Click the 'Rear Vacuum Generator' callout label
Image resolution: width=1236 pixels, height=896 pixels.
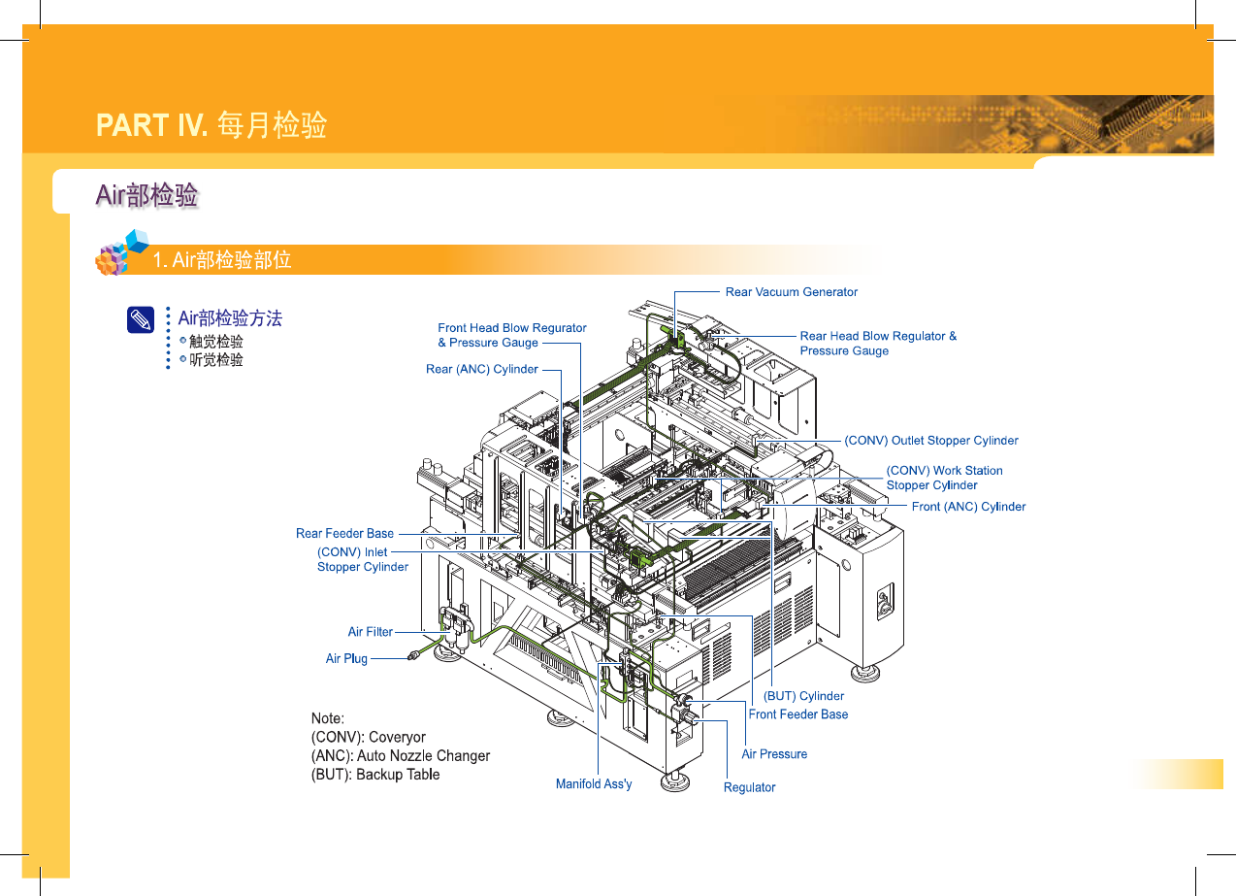[x=791, y=292]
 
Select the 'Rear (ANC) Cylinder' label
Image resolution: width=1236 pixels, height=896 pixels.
[x=481, y=369]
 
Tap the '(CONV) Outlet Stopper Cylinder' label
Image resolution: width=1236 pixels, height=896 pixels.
[x=931, y=441]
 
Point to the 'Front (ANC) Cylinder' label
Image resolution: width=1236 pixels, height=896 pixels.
[x=968, y=507]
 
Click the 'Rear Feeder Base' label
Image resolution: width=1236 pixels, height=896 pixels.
[x=344, y=533]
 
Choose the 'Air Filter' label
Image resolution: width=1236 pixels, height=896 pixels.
[x=371, y=632]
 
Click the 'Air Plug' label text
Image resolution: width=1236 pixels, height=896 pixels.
[x=346, y=658]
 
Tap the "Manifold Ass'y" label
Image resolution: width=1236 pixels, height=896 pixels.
[x=594, y=783]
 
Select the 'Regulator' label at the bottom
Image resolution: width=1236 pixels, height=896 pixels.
[x=749, y=787]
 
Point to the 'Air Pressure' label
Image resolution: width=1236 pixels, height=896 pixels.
[x=774, y=754]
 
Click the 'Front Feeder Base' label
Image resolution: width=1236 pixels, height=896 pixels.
[x=797, y=714]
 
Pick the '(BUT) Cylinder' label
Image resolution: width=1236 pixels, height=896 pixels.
[x=803, y=696]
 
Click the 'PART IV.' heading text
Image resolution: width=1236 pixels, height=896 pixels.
[x=151, y=126]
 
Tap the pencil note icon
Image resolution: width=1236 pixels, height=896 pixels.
[x=141, y=320]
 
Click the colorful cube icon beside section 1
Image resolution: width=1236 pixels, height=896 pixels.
[x=122, y=253]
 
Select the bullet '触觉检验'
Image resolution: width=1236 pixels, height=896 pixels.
[x=216, y=342]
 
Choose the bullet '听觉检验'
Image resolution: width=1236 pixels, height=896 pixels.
[x=216, y=360]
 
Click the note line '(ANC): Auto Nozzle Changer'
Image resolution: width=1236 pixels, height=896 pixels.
[x=401, y=755]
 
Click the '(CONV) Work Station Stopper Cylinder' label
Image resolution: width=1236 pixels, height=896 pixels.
[x=944, y=478]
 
